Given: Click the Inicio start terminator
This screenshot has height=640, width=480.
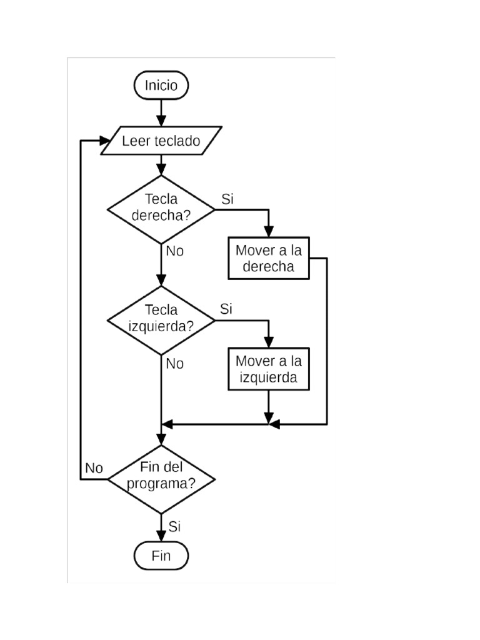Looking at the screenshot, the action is pos(161,85).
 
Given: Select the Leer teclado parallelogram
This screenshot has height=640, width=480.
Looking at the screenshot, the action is pos(161,141).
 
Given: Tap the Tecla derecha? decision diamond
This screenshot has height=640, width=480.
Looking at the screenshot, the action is pos(161,210).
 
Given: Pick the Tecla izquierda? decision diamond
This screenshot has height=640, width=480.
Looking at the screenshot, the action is pos(161,321).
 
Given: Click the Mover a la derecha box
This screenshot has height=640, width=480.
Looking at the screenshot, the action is pos(269,258).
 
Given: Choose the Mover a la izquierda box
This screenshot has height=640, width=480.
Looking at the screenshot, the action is pos(269,369).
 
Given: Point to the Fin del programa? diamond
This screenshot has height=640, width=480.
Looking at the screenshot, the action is pos(161,479).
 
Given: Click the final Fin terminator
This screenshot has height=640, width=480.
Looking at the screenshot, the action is pos(161,556).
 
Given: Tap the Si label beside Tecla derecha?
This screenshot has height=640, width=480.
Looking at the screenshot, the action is pos(227,199).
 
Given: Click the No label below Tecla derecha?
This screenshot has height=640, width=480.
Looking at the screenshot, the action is pos(175,251).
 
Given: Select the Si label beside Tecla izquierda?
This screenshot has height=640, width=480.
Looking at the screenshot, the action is pos(226,309).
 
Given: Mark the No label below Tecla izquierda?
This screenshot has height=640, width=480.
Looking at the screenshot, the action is pos(175,364).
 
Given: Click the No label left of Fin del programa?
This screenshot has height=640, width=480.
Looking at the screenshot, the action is pos(94,468).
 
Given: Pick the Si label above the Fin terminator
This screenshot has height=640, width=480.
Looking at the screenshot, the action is pos(174,526).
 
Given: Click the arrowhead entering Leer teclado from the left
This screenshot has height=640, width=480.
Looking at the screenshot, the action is pos(105,141).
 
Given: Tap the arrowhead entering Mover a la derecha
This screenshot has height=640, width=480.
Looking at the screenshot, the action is pos(269,232).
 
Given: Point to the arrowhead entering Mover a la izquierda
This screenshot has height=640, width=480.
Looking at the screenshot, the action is pos(269,342).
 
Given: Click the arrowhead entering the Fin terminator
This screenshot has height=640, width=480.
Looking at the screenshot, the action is pos(161,536).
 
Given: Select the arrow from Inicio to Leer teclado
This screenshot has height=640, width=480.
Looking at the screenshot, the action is pos(161,113).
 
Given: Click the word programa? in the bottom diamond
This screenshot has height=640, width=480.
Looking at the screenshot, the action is pos(161,484).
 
